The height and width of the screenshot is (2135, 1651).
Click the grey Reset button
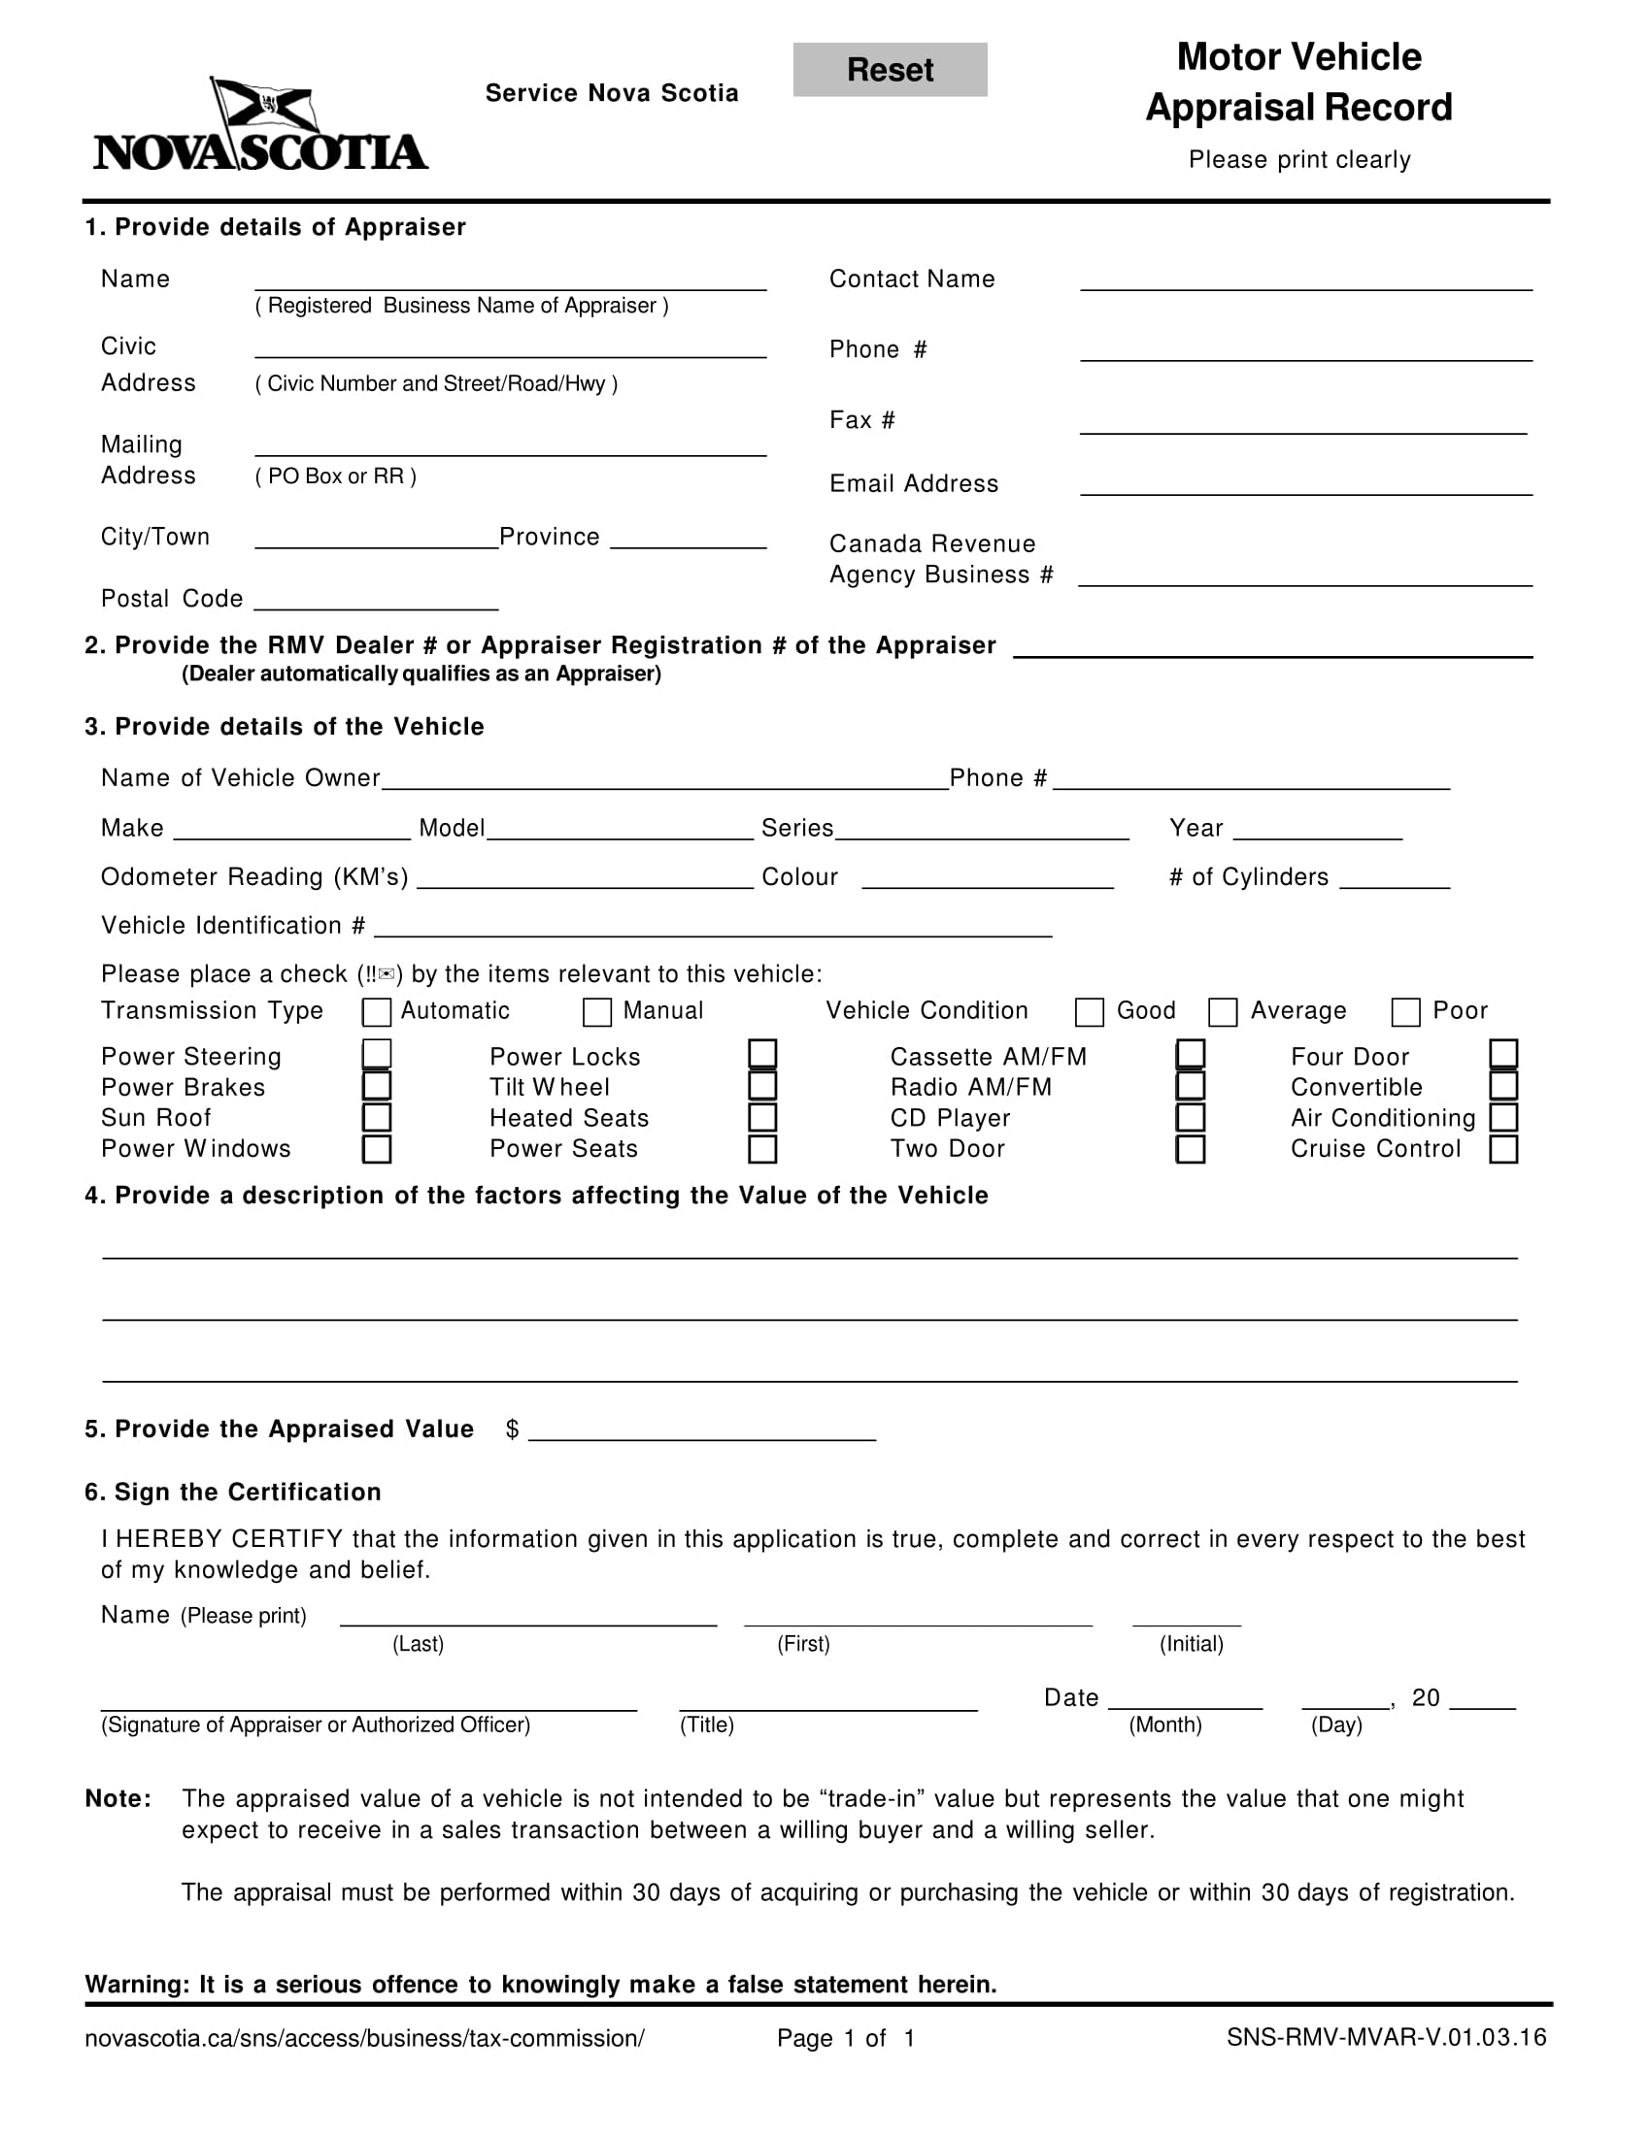(x=889, y=70)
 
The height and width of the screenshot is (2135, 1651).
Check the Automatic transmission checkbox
(x=377, y=1012)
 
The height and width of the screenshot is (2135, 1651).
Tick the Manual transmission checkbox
(x=596, y=1012)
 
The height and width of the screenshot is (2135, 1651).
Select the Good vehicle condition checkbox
(x=1089, y=1012)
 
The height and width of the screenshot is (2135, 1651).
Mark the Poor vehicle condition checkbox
(x=1405, y=1012)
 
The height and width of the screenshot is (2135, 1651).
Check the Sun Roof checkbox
(x=377, y=1117)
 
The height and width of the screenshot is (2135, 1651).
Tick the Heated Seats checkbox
(x=762, y=1117)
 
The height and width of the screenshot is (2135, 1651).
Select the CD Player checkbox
(x=1190, y=1117)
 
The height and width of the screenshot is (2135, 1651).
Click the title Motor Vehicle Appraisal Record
(x=1297, y=82)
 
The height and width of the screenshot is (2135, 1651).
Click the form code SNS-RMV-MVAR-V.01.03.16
(x=1386, y=2037)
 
